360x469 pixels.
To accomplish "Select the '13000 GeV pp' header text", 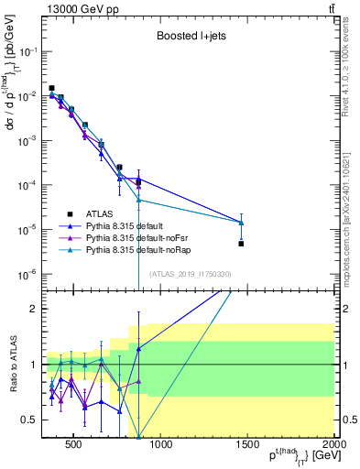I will pyautogui.click(x=74, y=7).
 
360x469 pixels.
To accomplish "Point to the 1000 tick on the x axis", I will pyautogui.click(x=160, y=446).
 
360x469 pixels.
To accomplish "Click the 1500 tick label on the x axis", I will pyautogui.click(x=247, y=446).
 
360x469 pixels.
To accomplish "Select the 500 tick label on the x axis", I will pyautogui.click(x=74, y=446).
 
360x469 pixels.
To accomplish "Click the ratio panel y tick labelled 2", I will pyautogui.click(x=33, y=309).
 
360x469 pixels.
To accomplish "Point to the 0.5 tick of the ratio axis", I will pyautogui.click(x=29, y=420).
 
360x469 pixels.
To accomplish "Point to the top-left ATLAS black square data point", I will pyautogui.click(x=52, y=88).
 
